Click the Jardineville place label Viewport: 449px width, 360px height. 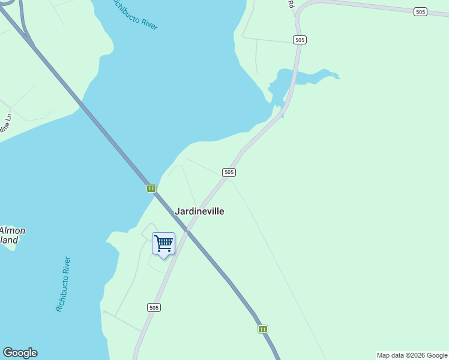click(x=199, y=211)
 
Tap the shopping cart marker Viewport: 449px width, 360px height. click(x=163, y=244)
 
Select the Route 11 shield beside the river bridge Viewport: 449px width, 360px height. click(x=151, y=188)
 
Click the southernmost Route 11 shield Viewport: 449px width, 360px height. click(x=263, y=329)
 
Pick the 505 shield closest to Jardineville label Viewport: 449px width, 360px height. click(x=229, y=172)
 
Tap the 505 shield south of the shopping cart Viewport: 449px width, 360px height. click(x=154, y=307)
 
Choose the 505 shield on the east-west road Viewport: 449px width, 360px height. click(x=420, y=12)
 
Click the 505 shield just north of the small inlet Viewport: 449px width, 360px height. click(x=300, y=40)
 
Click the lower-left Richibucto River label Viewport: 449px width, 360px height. click(x=63, y=284)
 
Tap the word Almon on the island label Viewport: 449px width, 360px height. click(x=12, y=230)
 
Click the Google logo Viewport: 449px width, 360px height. click(x=20, y=353)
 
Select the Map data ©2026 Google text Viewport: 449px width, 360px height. click(x=412, y=355)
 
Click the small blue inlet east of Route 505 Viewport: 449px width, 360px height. click(x=312, y=78)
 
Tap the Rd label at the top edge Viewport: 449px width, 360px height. click(x=291, y=4)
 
